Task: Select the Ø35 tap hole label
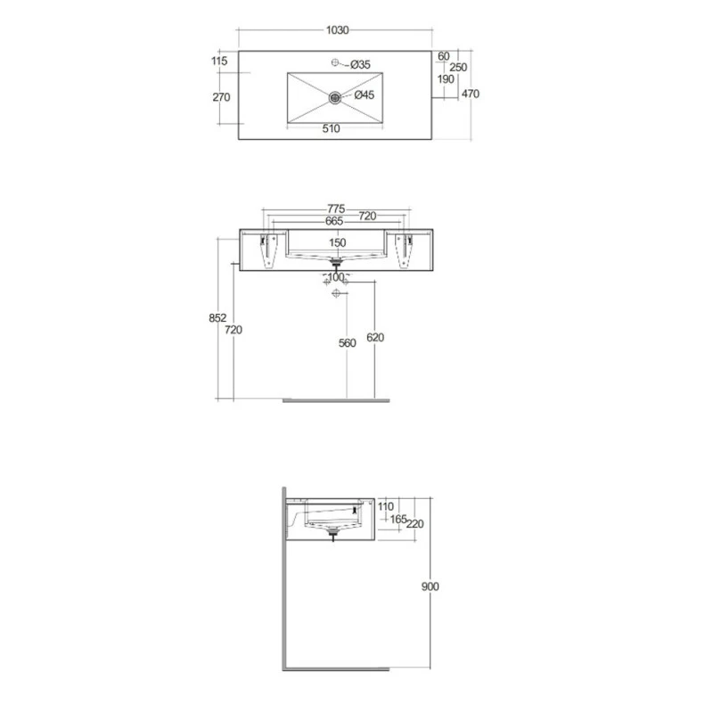pyautogui.click(x=360, y=63)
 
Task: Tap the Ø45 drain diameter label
pyautogui.click(x=365, y=95)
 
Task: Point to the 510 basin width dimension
pyautogui.click(x=331, y=129)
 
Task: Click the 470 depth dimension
pyautogui.click(x=471, y=94)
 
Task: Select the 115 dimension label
pyautogui.click(x=220, y=61)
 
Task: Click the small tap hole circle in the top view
pyautogui.click(x=336, y=62)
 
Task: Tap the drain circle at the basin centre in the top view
pyautogui.click(x=335, y=95)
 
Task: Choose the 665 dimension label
pyautogui.click(x=309, y=220)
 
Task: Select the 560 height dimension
pyautogui.click(x=347, y=343)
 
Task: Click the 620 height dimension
pyautogui.click(x=375, y=338)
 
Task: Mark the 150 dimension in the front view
pyautogui.click(x=338, y=242)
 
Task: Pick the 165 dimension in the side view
pyautogui.click(x=397, y=518)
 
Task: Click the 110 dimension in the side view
pyautogui.click(x=385, y=506)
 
